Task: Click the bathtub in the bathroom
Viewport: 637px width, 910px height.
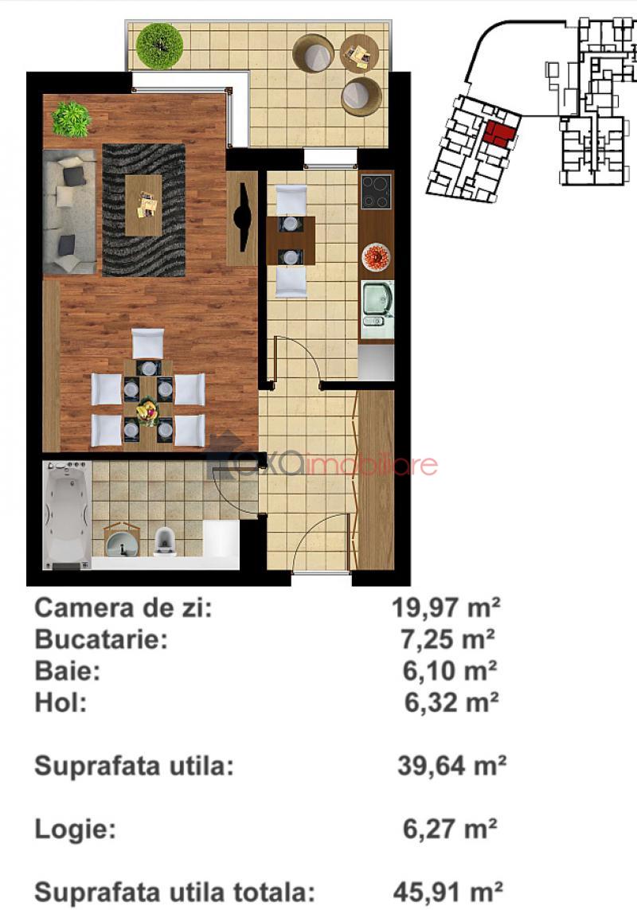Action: click(67, 514)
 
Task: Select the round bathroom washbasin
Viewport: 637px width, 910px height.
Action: click(122, 541)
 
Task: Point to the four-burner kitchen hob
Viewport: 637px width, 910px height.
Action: click(376, 192)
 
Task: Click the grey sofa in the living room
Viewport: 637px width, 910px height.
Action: click(69, 211)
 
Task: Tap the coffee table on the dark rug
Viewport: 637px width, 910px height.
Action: click(143, 205)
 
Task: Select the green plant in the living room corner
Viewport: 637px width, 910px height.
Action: click(72, 119)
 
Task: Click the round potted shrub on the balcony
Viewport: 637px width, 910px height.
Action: click(160, 46)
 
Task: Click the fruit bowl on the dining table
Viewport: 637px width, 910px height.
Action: click(149, 412)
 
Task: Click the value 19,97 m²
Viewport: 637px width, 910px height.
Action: click(446, 607)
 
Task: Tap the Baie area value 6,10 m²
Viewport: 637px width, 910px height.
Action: click(450, 671)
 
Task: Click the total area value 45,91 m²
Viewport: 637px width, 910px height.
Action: click(447, 891)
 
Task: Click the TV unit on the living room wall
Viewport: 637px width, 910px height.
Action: click(242, 217)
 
